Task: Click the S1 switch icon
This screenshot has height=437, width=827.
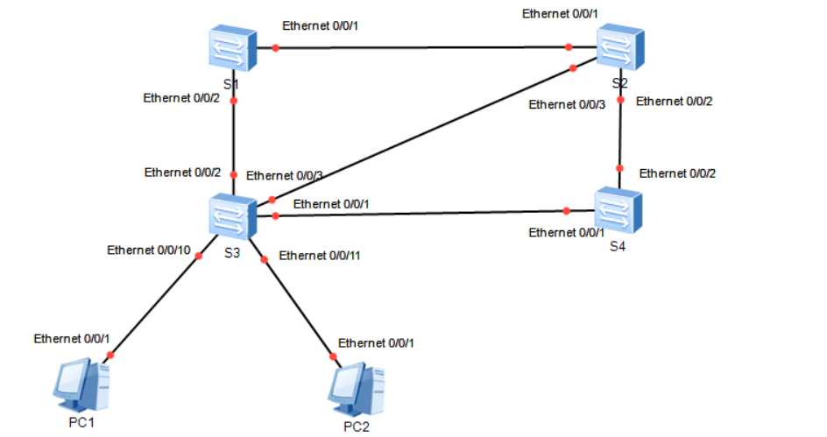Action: tap(232, 48)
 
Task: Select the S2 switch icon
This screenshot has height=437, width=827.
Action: tap(620, 46)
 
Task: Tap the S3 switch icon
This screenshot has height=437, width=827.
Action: tap(232, 215)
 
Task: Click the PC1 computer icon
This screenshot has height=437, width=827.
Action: tap(81, 385)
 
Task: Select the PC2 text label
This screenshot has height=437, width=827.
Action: tap(357, 426)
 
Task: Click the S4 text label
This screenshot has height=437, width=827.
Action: tap(618, 246)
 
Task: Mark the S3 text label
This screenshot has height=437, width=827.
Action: tap(232, 254)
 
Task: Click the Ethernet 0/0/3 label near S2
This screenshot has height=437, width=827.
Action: tap(567, 105)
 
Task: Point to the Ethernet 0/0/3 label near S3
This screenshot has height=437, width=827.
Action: tap(285, 176)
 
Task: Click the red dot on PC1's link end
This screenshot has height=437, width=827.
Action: tap(110, 356)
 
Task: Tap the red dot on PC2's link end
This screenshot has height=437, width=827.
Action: tap(332, 357)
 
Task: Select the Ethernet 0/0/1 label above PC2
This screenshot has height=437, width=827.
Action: tap(376, 342)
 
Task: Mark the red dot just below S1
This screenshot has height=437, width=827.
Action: tap(233, 102)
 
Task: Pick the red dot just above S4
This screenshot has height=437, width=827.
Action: tap(619, 169)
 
